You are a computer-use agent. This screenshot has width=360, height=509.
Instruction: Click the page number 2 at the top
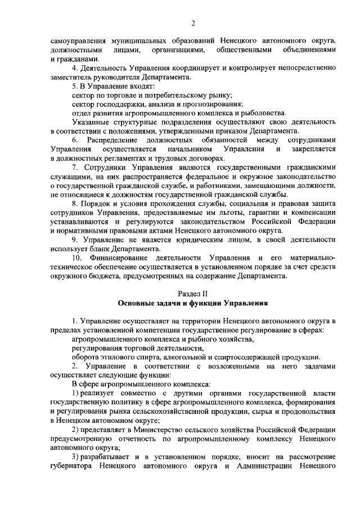point(193,23)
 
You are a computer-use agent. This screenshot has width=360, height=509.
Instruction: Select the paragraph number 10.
point(77,258)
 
